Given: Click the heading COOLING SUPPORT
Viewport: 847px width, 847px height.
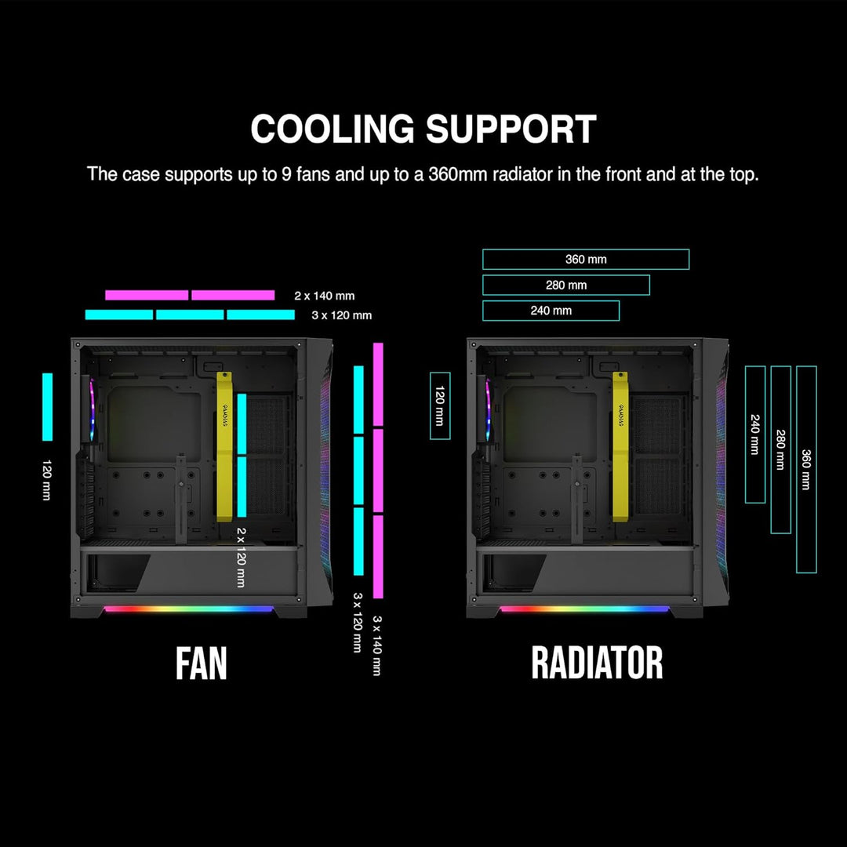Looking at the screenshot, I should point(423,129).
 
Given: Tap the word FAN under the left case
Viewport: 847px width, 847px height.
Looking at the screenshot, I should point(202,663).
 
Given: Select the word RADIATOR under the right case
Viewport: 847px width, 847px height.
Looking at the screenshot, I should point(597,663).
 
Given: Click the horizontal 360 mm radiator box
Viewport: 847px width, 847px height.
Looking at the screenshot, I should point(586,260).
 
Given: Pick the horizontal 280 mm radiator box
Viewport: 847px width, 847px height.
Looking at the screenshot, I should point(565,285).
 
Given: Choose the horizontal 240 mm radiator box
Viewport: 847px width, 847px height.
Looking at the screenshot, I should point(551,311).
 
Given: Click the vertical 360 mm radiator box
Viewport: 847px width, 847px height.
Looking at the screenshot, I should point(806,469).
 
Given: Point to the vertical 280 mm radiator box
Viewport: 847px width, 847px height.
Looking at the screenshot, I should point(780,449).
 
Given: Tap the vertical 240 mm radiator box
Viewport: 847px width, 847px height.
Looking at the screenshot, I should point(754,434).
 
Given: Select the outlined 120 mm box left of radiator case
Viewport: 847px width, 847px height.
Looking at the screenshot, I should point(441,405).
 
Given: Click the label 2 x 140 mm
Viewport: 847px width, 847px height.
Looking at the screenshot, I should point(325,296).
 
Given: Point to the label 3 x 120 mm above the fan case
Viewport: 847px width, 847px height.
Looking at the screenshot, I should point(342,315).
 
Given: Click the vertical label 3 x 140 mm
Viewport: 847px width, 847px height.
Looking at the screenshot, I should point(377,645).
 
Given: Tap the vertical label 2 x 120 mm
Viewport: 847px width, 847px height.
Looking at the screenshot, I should point(241,557).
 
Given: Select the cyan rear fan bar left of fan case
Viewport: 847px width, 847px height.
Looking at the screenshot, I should point(47,406).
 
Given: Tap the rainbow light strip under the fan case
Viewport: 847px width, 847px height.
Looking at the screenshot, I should point(188,609).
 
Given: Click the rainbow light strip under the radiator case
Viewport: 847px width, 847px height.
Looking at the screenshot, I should point(584,609).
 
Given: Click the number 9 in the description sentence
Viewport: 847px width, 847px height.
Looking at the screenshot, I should point(286,174).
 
